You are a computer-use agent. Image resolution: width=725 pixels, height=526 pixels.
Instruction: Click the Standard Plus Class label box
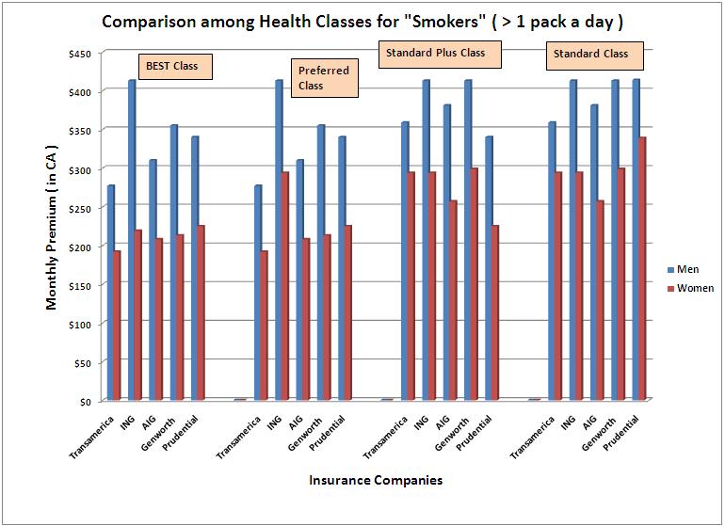(440, 54)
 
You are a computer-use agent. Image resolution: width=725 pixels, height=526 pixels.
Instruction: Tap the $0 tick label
(83, 402)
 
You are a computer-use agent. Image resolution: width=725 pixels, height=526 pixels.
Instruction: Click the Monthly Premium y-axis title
(53, 229)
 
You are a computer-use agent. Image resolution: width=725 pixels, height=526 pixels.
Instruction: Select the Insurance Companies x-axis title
(375, 480)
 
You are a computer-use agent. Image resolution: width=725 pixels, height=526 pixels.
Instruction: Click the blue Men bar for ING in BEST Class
(132, 240)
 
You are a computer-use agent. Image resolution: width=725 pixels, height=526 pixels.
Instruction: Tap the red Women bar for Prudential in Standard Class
(642, 269)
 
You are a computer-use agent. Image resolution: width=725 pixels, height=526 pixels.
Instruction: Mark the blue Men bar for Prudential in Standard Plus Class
(488, 268)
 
